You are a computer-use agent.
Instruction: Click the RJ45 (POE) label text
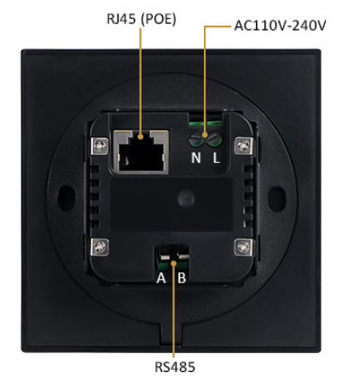(142, 19)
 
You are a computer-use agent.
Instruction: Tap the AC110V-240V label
(280, 26)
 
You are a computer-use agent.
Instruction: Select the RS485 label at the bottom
(175, 367)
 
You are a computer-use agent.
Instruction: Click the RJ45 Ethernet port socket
(141, 151)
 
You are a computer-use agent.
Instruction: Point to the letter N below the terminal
(196, 158)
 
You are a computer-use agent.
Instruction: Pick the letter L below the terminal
(217, 158)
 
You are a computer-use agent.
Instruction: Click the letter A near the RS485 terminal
(161, 278)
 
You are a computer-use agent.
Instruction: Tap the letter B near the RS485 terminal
(182, 278)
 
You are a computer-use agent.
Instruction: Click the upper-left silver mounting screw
(100, 146)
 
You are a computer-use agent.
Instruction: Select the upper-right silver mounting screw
(243, 146)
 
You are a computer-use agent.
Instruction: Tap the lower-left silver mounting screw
(100, 247)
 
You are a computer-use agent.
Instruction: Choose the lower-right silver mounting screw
(243, 247)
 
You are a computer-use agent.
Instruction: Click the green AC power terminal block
(205, 134)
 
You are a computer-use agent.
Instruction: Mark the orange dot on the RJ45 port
(140, 136)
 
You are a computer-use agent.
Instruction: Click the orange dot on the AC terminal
(205, 135)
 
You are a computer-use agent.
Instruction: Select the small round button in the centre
(186, 199)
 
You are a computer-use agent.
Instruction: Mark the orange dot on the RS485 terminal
(174, 263)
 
